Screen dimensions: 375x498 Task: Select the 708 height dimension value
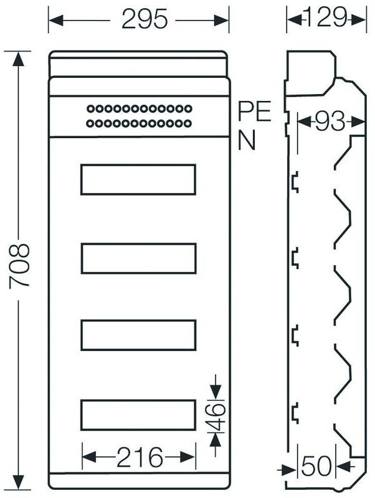pos(21,266)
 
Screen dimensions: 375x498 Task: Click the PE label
pos(255,113)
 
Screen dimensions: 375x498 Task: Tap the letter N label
pos(247,141)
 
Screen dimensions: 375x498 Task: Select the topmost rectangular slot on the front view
pos(138,179)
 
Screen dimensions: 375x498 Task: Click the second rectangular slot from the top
pos(138,258)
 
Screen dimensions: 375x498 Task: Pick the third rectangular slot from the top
pos(138,335)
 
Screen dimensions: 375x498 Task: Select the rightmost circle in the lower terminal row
pos(189,124)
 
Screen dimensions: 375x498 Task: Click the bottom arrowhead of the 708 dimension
pos(21,483)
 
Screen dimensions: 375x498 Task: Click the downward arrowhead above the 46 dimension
pos(215,393)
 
